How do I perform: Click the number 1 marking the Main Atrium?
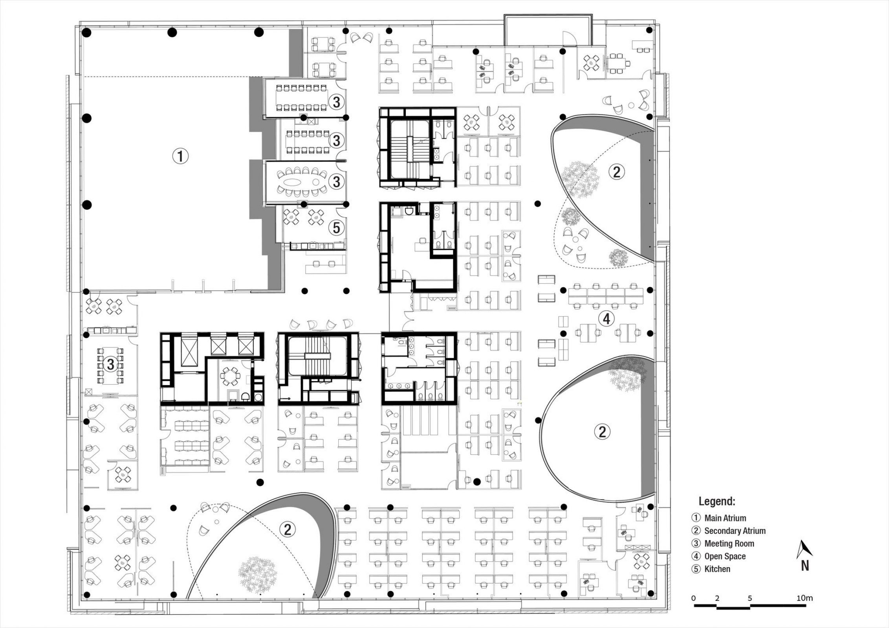(x=181, y=156)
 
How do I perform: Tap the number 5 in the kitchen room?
(x=336, y=228)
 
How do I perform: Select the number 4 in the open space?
(x=607, y=319)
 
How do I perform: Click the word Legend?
(x=717, y=501)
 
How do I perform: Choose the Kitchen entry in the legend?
(x=717, y=569)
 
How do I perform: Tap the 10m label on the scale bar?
(x=805, y=598)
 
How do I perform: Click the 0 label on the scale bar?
(x=693, y=598)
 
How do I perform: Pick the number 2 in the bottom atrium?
(x=287, y=529)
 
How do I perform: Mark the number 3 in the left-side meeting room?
(x=111, y=364)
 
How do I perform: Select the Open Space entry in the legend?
(x=725, y=556)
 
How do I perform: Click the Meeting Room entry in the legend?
(x=729, y=544)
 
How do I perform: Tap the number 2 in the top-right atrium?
(x=616, y=172)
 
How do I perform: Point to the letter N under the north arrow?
(x=805, y=566)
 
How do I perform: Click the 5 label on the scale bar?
(x=750, y=598)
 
